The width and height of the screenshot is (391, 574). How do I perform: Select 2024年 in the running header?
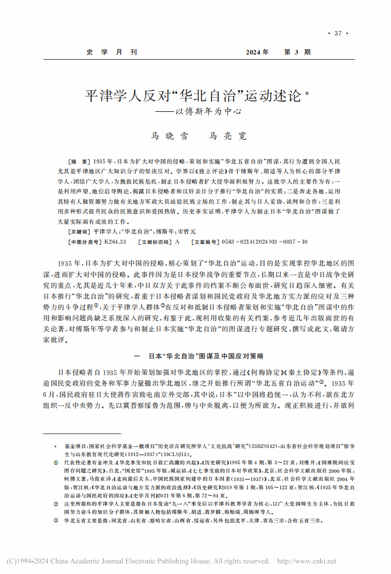click(x=257, y=53)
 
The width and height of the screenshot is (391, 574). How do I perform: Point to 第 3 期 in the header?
click(x=298, y=53)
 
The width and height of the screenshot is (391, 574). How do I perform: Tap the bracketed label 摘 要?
click(x=77, y=163)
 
